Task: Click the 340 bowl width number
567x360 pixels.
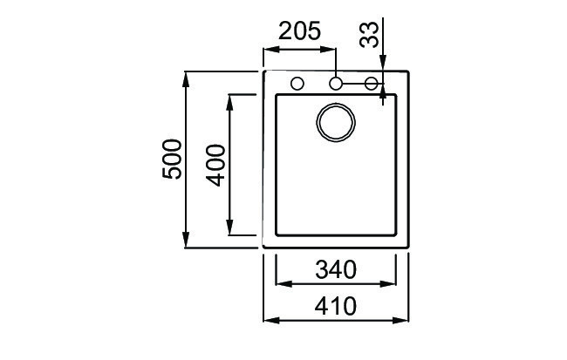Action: pos(336,270)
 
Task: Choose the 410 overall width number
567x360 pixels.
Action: pos(336,307)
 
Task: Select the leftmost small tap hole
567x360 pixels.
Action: pos(297,84)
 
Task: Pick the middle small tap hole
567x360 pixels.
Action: pos(336,84)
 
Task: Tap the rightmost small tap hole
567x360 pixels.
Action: pos(372,84)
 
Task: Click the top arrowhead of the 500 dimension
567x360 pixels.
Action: pos(186,78)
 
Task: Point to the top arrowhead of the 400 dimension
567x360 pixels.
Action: pos(229,101)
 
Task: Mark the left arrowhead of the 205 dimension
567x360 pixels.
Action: pos(270,49)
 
